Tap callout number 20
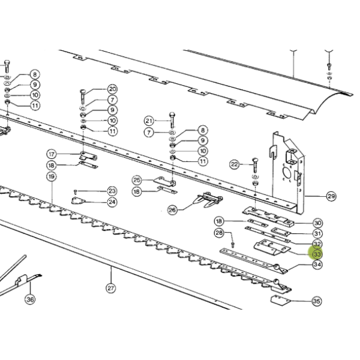(112, 89)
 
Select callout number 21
(149, 121)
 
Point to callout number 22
(235, 164)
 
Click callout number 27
(110, 288)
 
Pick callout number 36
(31, 299)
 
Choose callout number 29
(331, 196)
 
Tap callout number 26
(172, 210)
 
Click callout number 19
(52, 176)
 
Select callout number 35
(317, 301)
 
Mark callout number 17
(52, 154)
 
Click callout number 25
(137, 180)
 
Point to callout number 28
(219, 233)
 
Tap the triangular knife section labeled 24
(78, 201)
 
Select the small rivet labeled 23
(76, 191)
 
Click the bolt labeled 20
(82, 97)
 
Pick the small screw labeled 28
(233, 244)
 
